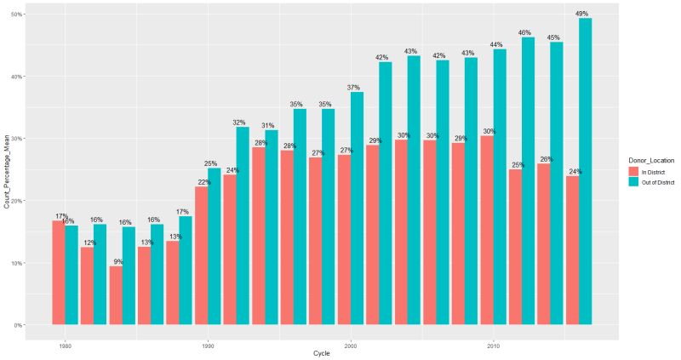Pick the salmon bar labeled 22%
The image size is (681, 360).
(x=201, y=255)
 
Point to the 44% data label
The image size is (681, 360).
(x=499, y=44)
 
